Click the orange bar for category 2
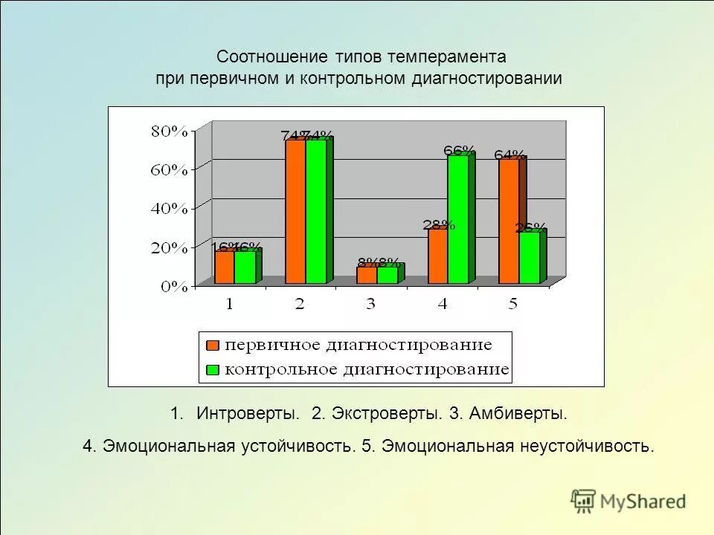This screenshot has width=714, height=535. point(295,212)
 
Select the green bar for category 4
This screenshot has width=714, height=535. point(457,219)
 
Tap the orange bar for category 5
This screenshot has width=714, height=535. point(509,221)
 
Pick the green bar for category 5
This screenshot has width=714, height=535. point(529,258)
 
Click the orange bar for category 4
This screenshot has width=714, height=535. point(437,256)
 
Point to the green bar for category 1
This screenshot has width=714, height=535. point(245,267)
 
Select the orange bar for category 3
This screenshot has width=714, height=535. point(367,275)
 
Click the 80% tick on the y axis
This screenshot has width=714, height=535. point(169,132)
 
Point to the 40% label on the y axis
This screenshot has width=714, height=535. point(169,209)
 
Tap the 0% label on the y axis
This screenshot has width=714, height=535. point(174,287)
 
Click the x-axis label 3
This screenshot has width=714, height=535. point(370,304)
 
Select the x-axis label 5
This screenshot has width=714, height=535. point(512,304)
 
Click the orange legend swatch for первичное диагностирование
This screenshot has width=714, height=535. point(213,346)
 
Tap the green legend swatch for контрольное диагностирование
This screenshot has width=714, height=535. point(213,369)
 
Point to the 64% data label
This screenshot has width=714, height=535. point(509,155)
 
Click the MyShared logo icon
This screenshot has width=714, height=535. point(583,501)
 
